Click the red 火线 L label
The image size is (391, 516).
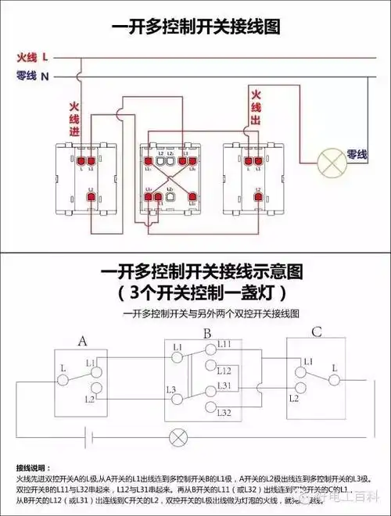pyautogui.click(x=33, y=57)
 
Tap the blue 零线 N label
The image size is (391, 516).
pyautogui.click(x=33, y=76)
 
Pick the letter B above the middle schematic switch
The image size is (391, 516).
pyautogui.click(x=206, y=334)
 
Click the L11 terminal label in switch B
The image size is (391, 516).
pyautogui.click(x=224, y=345)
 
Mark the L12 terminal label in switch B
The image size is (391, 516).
pyautogui.click(x=224, y=370)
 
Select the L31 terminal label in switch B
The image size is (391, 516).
pyautogui.click(x=224, y=386)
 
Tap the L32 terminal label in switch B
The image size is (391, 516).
pyautogui.click(x=224, y=411)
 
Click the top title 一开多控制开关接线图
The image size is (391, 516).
pyautogui.click(x=195, y=27)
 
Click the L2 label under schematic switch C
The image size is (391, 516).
pyautogui.click(x=294, y=397)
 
